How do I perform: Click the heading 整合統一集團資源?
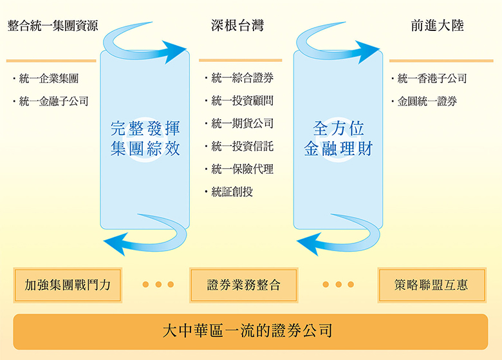click(53, 26)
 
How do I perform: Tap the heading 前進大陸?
click(437, 26)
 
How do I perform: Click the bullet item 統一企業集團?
click(49, 79)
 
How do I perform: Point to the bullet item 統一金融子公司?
click(53, 101)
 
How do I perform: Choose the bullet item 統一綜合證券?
click(242, 79)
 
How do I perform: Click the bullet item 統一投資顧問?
click(242, 101)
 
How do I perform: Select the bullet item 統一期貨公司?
click(242, 124)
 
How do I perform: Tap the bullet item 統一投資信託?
click(242, 146)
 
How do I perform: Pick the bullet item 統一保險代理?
click(242, 169)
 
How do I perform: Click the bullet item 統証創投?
click(232, 191)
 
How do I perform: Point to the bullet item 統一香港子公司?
click(432, 79)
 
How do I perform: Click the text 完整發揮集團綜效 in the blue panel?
click(145, 138)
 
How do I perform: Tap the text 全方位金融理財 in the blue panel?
click(339, 138)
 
